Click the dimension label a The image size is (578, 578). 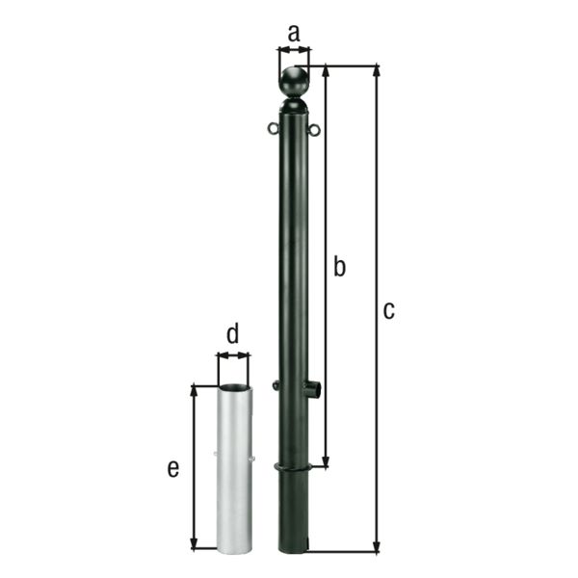click(294, 34)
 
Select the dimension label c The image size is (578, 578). click(389, 310)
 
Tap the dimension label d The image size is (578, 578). click(233, 332)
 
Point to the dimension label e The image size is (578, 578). click(173, 468)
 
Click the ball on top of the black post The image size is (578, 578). click(294, 82)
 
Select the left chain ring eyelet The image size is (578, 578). click(274, 128)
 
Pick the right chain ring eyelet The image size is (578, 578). click(314, 129)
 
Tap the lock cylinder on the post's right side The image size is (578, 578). click(313, 388)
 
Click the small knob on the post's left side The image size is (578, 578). click(275, 385)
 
